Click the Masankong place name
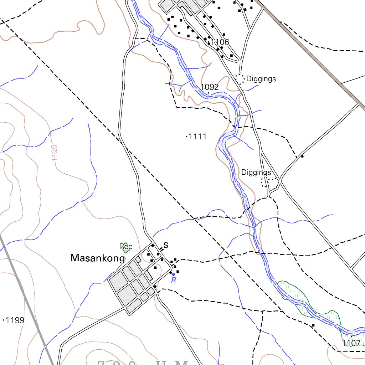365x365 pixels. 98,258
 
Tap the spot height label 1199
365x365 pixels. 15,320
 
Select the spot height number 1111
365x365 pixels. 198,137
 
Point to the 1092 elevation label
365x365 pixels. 209,87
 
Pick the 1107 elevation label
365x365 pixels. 351,344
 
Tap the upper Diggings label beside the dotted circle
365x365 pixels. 261,79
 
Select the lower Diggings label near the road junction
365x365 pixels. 256,173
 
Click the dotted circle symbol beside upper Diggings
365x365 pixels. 240,79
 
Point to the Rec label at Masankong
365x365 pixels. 126,247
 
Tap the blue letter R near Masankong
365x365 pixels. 174,281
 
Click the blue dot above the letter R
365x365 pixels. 173,274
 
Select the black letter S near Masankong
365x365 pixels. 165,245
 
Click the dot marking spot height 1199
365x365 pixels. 4,320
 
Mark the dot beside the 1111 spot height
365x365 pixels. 187,136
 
